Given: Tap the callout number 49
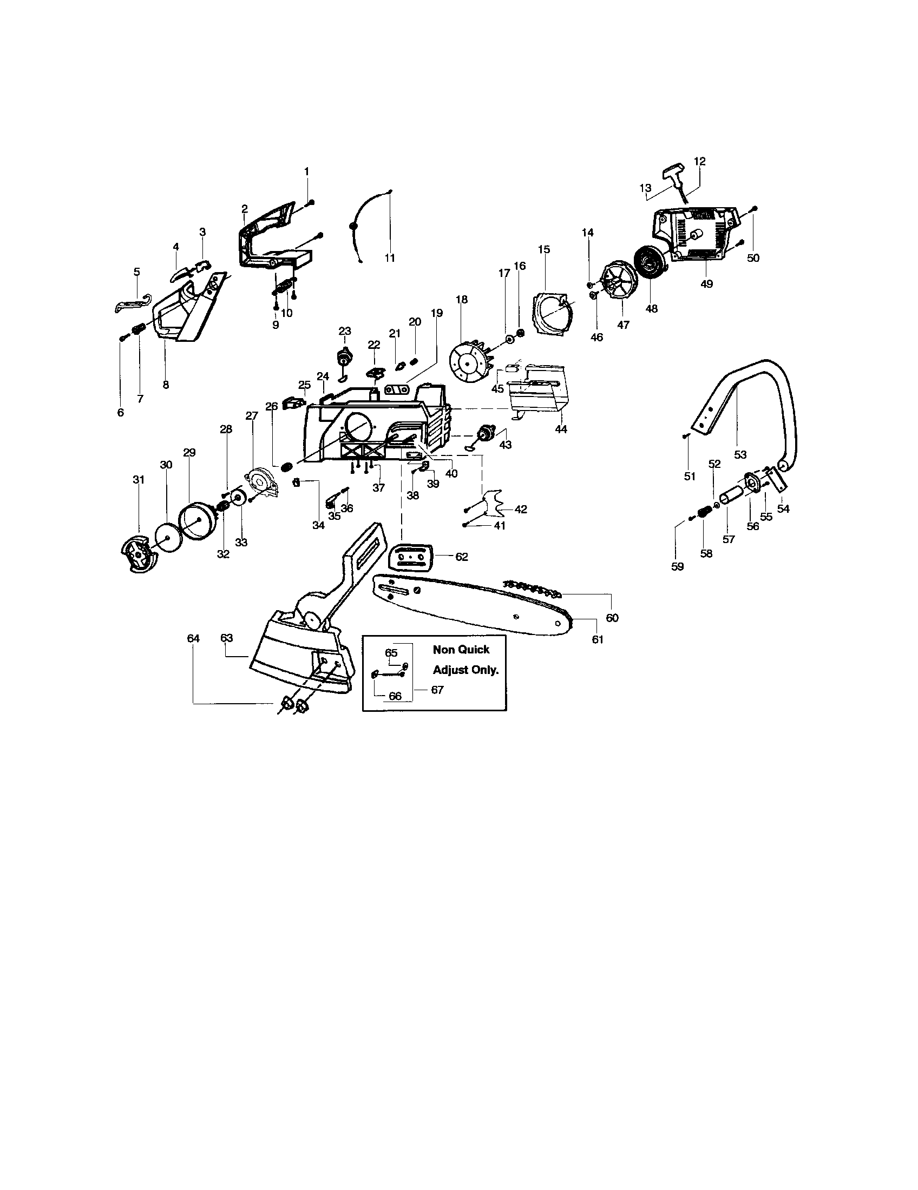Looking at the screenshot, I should [x=706, y=284].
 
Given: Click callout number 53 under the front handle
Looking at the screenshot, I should [x=740, y=454].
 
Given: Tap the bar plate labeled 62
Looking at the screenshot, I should [x=411, y=557].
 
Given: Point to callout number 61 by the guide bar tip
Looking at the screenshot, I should [x=598, y=639].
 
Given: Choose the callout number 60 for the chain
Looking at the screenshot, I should [x=612, y=617].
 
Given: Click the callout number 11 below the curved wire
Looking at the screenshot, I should [x=389, y=258].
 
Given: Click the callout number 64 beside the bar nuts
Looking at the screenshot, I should [x=194, y=638].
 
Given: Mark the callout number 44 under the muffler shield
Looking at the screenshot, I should [x=561, y=429].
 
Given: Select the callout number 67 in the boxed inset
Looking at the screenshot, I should [x=437, y=690].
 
